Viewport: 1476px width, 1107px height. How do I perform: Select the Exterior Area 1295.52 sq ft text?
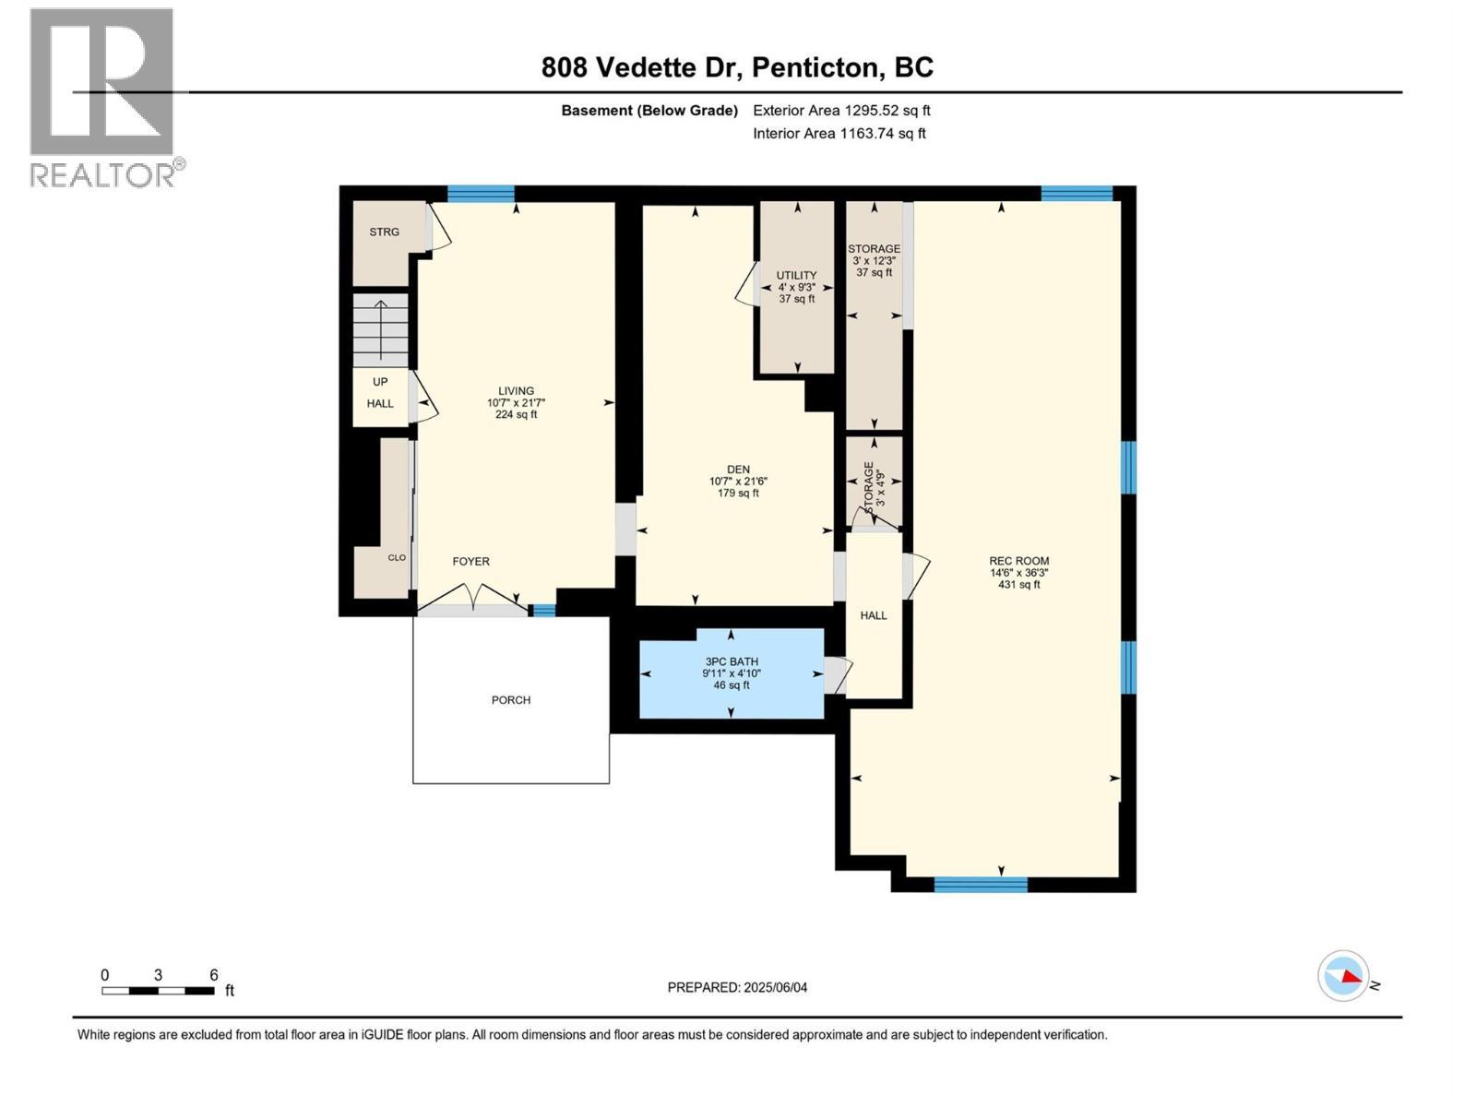click(841, 110)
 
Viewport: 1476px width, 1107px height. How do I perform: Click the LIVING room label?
click(516, 390)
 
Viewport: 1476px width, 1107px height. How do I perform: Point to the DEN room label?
click(738, 470)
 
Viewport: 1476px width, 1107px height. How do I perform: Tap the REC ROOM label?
click(1018, 561)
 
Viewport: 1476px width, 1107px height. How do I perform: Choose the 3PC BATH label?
click(731, 661)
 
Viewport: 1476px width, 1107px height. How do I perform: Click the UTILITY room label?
click(796, 275)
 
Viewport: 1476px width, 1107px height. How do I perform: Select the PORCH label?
click(510, 699)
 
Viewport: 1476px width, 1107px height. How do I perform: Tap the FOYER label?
click(470, 561)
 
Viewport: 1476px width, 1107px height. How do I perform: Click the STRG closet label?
click(384, 232)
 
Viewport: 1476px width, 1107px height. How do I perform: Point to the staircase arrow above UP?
click(381, 329)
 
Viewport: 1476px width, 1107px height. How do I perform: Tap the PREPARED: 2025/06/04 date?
click(737, 987)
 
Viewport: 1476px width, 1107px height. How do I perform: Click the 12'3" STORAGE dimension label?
click(875, 261)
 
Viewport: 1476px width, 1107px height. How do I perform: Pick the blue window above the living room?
click(481, 194)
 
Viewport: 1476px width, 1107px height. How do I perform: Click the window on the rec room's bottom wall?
click(981, 885)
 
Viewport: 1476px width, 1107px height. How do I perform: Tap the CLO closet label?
click(397, 557)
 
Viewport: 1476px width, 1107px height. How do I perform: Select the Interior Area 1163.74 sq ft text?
click(839, 133)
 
